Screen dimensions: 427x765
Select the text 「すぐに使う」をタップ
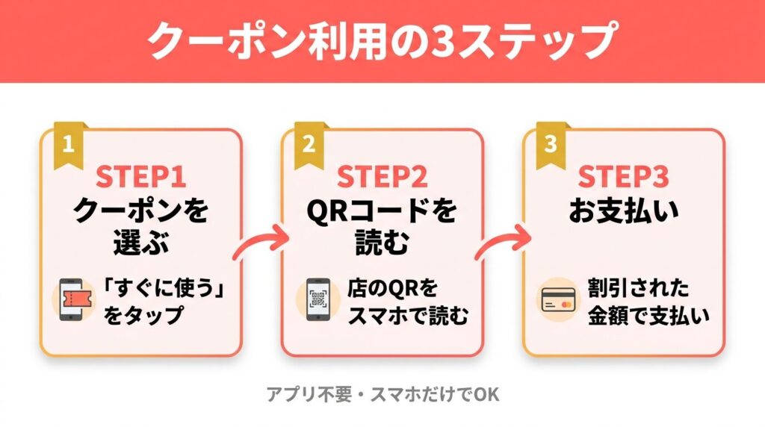163,302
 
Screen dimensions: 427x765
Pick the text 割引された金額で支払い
645,302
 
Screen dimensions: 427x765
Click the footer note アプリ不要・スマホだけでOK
382,394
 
